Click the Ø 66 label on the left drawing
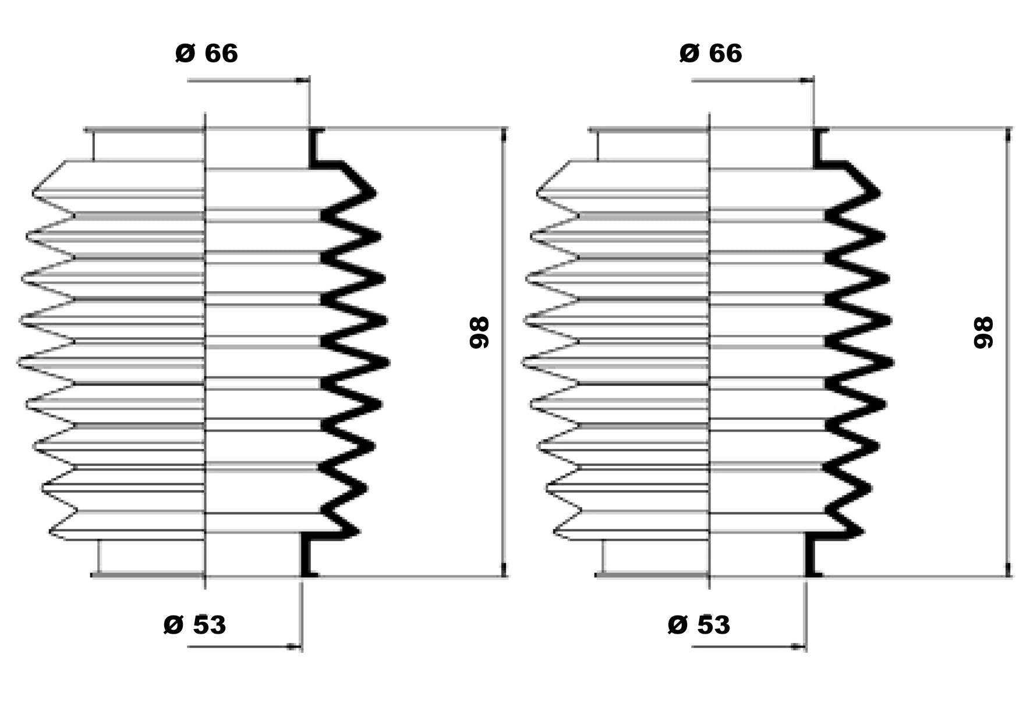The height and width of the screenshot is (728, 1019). [206, 54]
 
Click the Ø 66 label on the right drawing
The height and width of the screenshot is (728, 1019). [710, 54]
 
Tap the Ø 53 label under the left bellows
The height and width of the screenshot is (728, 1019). [194, 625]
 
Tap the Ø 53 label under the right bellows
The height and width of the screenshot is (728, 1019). [699, 625]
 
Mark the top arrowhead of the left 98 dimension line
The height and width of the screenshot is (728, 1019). [504, 135]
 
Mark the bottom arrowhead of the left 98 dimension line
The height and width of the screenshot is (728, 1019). [504, 570]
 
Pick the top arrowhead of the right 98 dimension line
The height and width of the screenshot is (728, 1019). [1009, 135]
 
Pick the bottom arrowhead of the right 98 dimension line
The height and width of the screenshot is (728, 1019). [1009, 570]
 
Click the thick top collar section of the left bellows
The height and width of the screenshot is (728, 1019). [313, 149]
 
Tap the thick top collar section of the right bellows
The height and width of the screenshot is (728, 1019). [818, 149]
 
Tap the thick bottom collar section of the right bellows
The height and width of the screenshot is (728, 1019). [809, 556]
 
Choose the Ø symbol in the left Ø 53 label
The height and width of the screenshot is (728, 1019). [174, 625]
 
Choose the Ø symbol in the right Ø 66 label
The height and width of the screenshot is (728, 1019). [689, 54]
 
